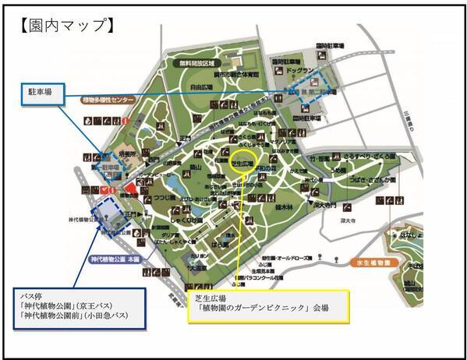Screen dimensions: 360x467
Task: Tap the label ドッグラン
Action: tap(300, 70)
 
